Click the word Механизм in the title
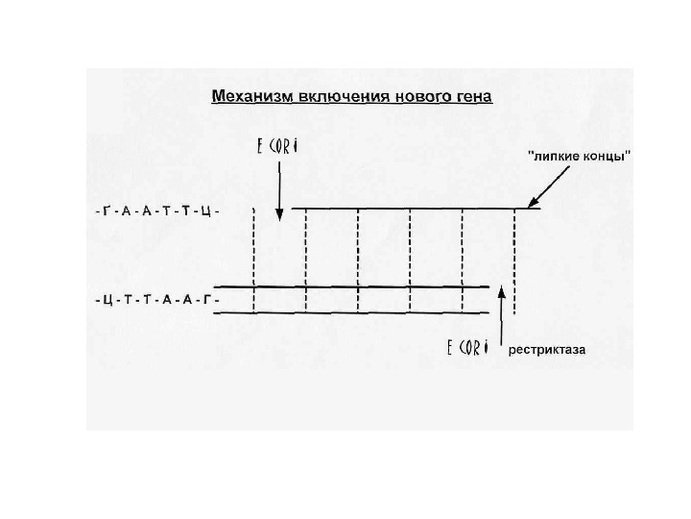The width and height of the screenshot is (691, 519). (x=246, y=96)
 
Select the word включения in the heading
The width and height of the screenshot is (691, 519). (x=326, y=96)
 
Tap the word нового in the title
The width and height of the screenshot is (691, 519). (x=403, y=96)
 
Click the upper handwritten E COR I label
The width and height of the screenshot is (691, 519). (x=278, y=147)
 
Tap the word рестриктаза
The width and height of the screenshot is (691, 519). (x=548, y=350)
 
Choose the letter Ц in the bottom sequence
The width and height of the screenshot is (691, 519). (x=104, y=300)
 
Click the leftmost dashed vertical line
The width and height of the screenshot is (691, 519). (x=253, y=259)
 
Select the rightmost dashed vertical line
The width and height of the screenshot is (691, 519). (x=515, y=259)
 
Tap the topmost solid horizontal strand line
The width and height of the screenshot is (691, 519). (x=413, y=209)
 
